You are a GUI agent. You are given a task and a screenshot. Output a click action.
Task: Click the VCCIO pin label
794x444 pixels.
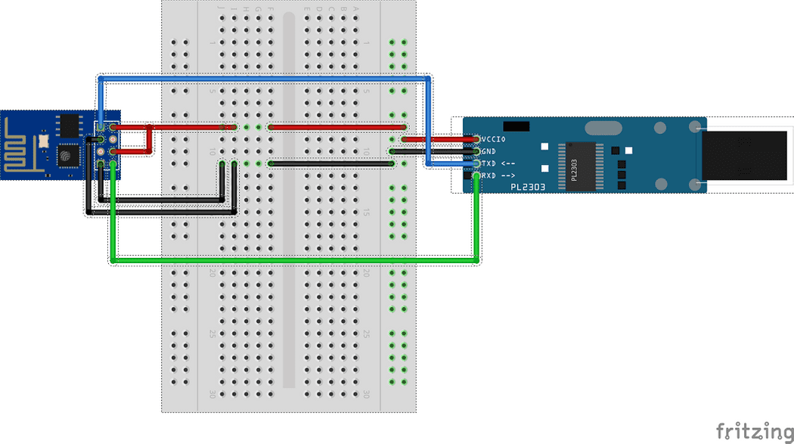click(x=494, y=139)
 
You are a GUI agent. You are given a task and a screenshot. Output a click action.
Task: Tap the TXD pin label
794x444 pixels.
click(x=498, y=163)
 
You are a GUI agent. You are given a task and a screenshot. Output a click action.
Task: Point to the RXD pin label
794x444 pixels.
click(x=498, y=175)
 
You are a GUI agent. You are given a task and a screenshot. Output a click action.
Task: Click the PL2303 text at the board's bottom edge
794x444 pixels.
click(x=527, y=186)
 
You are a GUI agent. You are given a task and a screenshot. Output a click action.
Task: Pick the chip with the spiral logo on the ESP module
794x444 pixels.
click(x=67, y=155)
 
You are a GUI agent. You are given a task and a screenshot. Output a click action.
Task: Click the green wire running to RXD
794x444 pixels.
click(x=295, y=260)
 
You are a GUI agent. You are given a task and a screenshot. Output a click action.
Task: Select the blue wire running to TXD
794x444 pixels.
click(x=265, y=79)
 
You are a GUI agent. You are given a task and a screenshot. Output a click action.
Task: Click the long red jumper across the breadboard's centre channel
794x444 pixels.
click(x=338, y=127)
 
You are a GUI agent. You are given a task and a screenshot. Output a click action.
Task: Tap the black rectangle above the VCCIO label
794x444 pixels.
click(x=515, y=125)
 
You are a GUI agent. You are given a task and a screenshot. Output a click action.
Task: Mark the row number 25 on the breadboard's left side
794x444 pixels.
click(x=212, y=334)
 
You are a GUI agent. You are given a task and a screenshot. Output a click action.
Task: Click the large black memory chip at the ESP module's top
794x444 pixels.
click(x=70, y=126)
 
